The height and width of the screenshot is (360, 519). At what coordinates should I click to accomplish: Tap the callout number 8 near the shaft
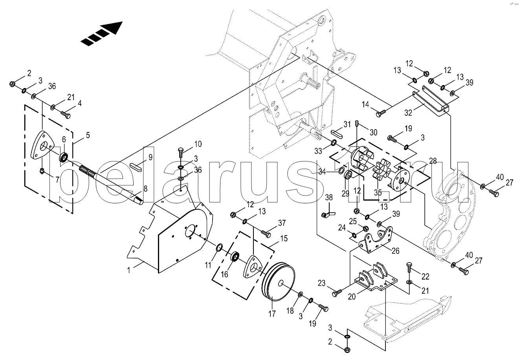[x=145, y=189]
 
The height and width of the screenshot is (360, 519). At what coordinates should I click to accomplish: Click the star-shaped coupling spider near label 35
[x=378, y=172]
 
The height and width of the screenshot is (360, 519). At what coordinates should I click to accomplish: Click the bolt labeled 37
[x=266, y=234]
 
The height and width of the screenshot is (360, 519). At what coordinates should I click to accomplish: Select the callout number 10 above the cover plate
[x=198, y=144]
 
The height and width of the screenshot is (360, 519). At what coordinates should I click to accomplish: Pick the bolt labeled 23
[x=336, y=293]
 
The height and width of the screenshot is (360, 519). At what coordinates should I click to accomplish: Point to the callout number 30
[x=374, y=132]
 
